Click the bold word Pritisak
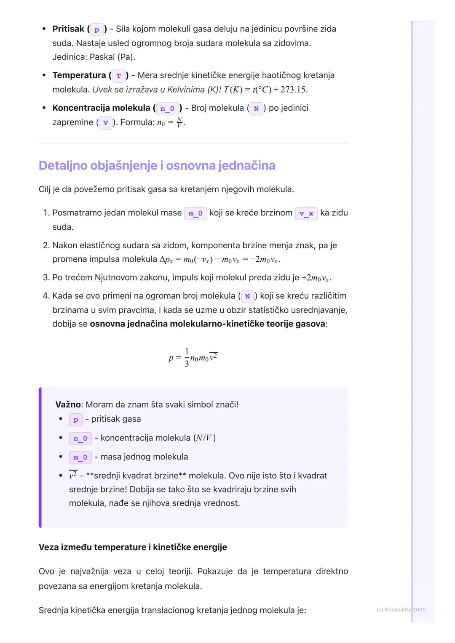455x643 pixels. (68, 29)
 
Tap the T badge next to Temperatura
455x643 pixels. (119, 76)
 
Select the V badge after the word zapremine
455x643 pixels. (105, 123)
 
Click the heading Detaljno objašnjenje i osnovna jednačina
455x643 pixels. (157, 165)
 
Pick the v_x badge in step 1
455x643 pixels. (306, 213)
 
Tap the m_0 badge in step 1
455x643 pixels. (195, 213)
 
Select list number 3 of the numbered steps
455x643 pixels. (46, 278)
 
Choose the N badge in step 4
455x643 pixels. (248, 296)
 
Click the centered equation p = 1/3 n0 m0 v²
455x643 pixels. (193, 358)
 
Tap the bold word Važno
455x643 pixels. (68, 404)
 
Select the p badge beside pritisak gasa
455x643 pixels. (76, 420)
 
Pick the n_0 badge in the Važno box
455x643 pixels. (80, 438)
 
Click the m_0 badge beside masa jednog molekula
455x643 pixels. (80, 457)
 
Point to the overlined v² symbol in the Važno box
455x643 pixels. (73, 476)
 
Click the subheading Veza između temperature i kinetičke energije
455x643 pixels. (133, 547)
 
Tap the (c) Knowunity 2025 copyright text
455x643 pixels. (401, 609)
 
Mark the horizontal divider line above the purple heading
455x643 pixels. (193, 143)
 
